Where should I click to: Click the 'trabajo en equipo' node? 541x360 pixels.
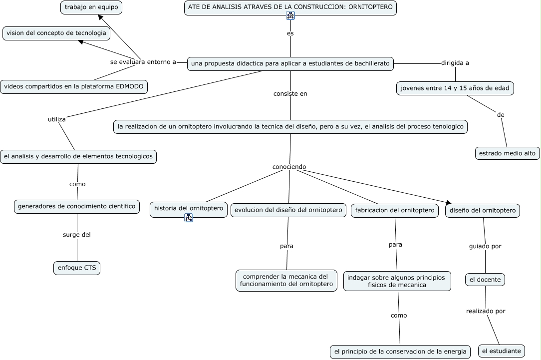coord(91,7)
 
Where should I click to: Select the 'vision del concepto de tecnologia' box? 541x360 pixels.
coord(56,33)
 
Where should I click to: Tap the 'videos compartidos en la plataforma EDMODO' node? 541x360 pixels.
coord(74,87)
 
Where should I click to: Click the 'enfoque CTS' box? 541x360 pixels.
coord(77,268)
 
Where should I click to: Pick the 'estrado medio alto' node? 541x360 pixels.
coord(507,153)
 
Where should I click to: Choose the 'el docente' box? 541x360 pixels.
coord(485,280)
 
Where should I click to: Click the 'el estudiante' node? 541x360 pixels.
coord(501,351)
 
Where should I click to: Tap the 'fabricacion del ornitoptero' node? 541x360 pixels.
coord(395,211)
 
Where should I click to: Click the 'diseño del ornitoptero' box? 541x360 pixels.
coord(482,211)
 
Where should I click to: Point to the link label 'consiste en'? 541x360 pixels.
coord(290,94)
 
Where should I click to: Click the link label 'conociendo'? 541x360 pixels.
coord(289,167)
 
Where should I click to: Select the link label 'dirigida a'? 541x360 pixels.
coord(455,63)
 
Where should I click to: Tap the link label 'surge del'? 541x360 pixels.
coord(76,235)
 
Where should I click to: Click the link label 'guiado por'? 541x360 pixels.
coord(485,247)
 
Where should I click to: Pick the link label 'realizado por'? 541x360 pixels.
coord(486,312)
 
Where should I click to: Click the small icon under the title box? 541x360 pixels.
coord(290,15)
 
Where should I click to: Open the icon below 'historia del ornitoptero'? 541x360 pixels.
coord(189,218)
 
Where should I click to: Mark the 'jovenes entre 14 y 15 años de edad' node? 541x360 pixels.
coord(455,88)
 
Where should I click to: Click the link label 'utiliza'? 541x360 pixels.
coord(56,119)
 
